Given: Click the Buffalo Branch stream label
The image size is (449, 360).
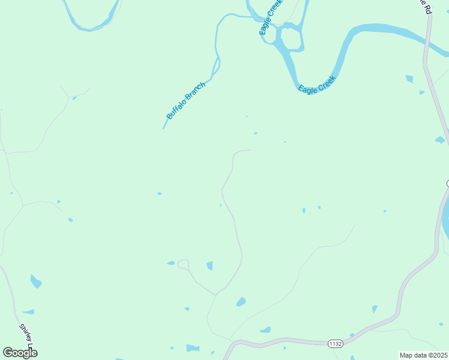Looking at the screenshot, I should pos(186,100).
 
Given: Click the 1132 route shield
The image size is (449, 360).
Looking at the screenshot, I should pos(336,344).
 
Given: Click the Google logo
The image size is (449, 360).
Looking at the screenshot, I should pos(20,353).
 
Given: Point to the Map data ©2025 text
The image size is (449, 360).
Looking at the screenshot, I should pos(423,355).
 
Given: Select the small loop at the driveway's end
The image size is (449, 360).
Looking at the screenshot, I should pos(183,264).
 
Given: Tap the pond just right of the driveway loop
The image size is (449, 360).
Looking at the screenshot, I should pos(209,265).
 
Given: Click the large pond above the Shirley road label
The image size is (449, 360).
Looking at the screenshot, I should pos(36,281).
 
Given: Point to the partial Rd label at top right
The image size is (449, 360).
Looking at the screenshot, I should pos(425,6).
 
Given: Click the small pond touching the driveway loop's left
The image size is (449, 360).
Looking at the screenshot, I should pos(171,263).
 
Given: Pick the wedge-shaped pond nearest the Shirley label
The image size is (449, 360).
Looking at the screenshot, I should pos(29,312).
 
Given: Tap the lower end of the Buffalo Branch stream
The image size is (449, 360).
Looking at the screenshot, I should pos(164,127).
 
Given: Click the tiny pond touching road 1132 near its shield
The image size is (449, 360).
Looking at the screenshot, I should pos(353,335).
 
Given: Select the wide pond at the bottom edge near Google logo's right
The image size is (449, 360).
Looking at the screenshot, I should pos(192,348).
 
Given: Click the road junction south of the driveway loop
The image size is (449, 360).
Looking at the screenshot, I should pos(215,295).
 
